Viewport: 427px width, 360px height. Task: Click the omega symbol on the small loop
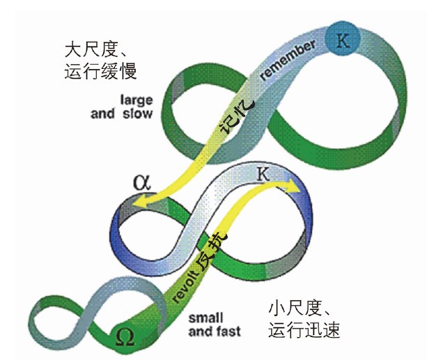pos(126,337)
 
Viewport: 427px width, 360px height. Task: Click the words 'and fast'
pos(214,331)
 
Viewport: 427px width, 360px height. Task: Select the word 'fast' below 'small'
pos(228,331)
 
